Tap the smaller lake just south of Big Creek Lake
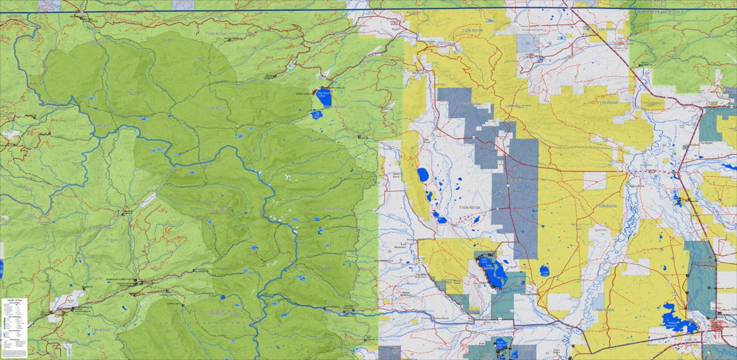[x=316, y=114]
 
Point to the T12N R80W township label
[x=606, y=29]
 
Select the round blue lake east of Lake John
[x=544, y=270]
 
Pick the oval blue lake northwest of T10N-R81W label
[x=423, y=175]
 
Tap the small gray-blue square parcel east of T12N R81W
[x=526, y=42]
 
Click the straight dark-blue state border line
[x=368, y=7]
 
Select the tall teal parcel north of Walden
[x=700, y=276]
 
